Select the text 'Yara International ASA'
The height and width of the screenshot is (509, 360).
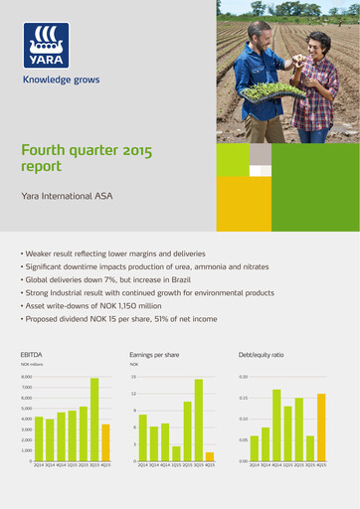point(66,197)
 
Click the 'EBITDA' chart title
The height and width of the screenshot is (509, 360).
point(31,353)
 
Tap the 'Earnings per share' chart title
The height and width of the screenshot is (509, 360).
point(155,353)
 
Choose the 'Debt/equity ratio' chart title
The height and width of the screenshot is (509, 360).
point(262,353)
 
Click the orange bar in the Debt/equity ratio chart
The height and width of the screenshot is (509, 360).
point(321,427)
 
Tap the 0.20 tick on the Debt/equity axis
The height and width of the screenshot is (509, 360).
point(243,378)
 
